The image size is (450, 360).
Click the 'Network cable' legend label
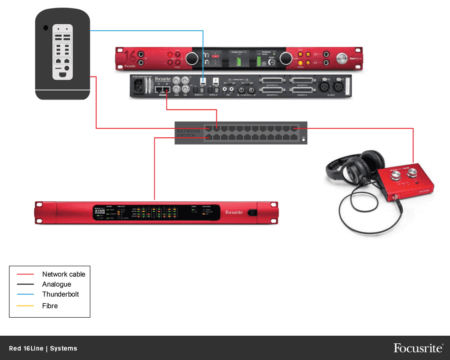pos(63,274)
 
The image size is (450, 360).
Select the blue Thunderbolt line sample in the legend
pos(25,295)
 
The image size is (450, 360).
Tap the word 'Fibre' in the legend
pos(50,306)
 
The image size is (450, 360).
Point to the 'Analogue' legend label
pos(57,284)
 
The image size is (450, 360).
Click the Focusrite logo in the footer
pos(418,348)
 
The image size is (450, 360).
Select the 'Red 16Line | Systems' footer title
pos(43,348)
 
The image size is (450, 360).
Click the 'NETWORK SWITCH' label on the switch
pos(189,133)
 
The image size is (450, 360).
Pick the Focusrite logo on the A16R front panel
pos(234,212)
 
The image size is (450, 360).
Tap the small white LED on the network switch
pos(304,140)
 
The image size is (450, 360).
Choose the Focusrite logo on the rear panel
pos(163,79)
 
